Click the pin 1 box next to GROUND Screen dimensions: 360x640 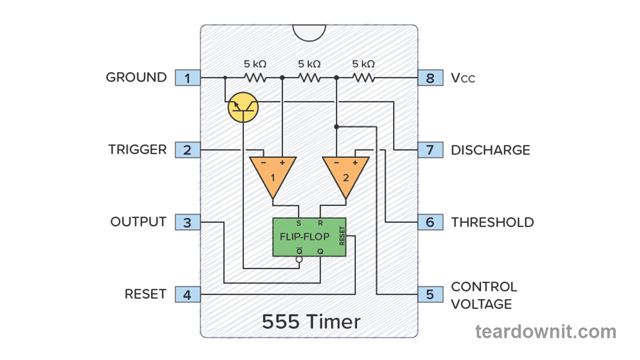[x=187, y=78]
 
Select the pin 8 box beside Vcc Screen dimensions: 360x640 [x=430, y=78]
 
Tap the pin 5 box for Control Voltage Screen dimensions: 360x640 [x=430, y=294]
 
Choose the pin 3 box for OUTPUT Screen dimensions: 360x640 [x=187, y=222]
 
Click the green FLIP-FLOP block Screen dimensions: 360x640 [x=309, y=237]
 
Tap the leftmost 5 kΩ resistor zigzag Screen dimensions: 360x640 [x=255, y=78]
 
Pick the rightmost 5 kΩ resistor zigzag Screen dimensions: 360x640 [x=363, y=78]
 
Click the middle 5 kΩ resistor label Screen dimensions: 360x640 [x=309, y=64]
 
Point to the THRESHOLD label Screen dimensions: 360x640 [x=492, y=222]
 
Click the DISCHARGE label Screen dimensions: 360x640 [x=490, y=150]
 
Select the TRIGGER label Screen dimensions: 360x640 [x=138, y=150]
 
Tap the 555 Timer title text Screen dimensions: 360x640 [x=311, y=322]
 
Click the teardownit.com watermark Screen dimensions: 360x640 [x=545, y=332]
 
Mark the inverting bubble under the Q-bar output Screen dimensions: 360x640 [x=299, y=260]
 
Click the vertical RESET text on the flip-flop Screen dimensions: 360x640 [x=342, y=237]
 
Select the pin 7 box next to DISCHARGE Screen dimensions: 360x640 [x=430, y=150]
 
